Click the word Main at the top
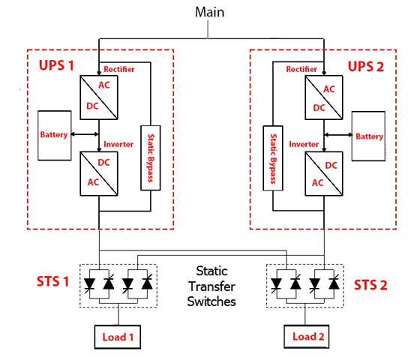[x=209, y=12]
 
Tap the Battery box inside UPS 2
[x=368, y=137]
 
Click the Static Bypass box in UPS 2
[x=271, y=157]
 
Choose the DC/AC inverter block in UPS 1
[x=100, y=173]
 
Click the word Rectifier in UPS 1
[x=120, y=69]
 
